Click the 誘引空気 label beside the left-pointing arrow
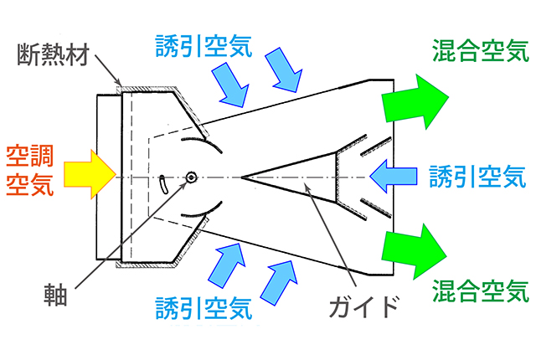pos(478,176)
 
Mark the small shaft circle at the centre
pos(191,177)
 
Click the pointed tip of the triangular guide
pos(243,177)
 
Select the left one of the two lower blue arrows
pos(226,266)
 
